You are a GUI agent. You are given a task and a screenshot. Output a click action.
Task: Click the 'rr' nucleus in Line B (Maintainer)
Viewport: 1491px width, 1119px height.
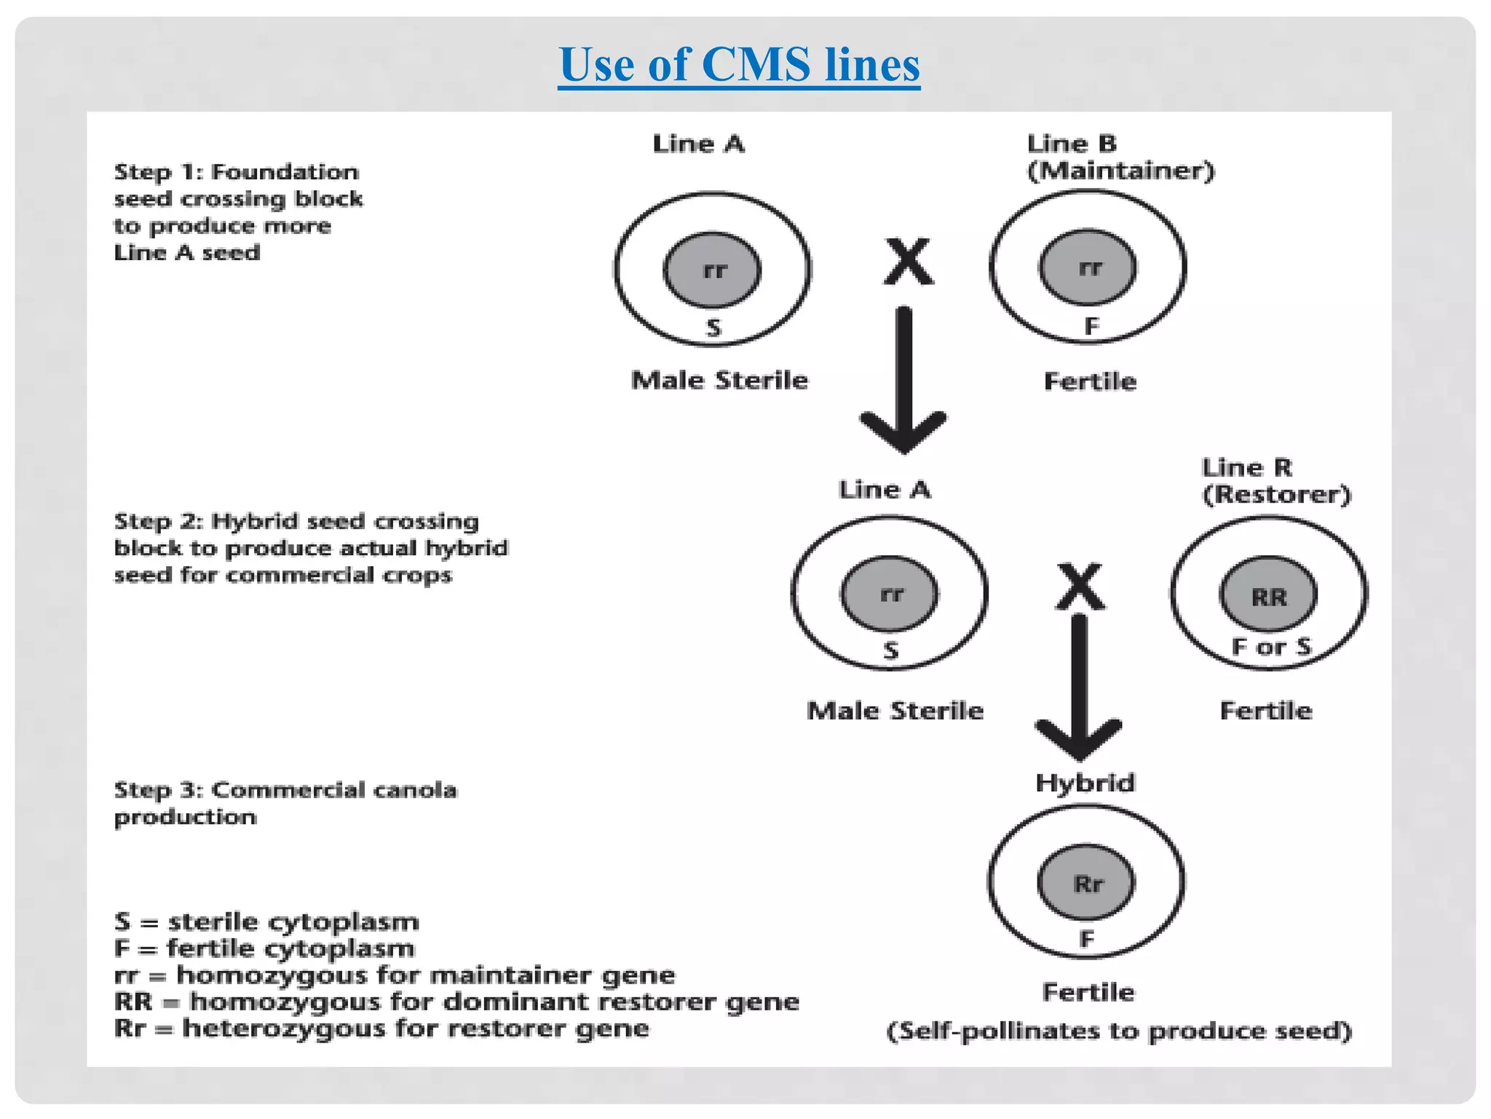[1088, 268]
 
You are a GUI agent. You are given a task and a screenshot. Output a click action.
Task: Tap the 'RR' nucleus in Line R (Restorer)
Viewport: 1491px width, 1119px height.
[1268, 596]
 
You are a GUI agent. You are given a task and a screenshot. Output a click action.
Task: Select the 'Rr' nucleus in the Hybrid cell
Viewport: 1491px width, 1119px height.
[1086, 884]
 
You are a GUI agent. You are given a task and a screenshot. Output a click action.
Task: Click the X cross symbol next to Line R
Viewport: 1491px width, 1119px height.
[1080, 586]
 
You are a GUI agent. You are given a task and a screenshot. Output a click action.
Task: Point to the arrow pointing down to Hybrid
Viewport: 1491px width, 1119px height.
[1079, 685]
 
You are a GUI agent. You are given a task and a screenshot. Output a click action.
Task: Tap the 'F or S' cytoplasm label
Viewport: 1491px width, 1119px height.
[1270, 646]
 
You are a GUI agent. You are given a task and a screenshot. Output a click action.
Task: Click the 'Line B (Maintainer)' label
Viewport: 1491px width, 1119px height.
[1120, 157]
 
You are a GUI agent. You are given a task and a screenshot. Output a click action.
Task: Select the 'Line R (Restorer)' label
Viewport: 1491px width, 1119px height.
[1276, 481]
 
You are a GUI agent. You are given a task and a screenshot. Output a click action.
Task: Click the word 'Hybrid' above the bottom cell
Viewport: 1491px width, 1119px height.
[1085, 783]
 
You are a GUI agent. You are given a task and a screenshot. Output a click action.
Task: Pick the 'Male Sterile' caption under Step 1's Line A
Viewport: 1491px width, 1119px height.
[719, 380]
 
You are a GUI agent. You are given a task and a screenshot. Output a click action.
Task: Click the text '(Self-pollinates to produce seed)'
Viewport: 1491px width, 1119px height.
[1119, 1031]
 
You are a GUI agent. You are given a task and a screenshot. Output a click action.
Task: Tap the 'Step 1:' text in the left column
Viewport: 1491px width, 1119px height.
[159, 173]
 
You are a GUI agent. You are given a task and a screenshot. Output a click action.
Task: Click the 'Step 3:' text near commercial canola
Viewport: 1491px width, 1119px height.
[159, 790]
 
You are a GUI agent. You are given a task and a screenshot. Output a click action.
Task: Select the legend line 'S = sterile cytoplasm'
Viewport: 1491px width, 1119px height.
[266, 922]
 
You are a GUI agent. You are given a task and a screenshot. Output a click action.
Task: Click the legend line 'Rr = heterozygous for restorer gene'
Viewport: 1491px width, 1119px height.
[381, 1029]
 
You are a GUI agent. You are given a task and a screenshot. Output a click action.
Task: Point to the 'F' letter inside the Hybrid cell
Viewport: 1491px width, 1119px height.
[1086, 939]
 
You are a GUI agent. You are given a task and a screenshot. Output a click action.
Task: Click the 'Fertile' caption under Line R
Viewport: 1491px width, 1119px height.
[1266, 710]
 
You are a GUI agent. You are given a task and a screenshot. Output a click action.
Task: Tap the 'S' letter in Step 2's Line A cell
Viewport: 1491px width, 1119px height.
[890, 650]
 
